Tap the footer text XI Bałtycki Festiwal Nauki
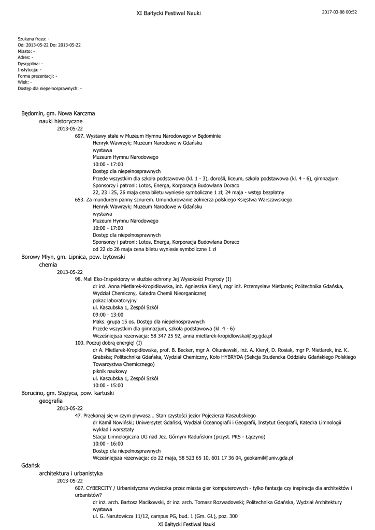(186, 524)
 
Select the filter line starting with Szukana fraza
(34, 39)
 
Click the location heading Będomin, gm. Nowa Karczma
(58, 113)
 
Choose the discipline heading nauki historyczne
(61, 121)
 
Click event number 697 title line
(148, 136)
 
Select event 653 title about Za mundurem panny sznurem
(184, 199)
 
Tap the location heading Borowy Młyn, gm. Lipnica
(73, 257)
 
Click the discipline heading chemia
(48, 264)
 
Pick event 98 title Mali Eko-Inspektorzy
(153, 279)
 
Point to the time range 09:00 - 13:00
(108, 314)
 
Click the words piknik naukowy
(110, 371)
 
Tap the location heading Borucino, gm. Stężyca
(67, 393)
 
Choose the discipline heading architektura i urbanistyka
(70, 473)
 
